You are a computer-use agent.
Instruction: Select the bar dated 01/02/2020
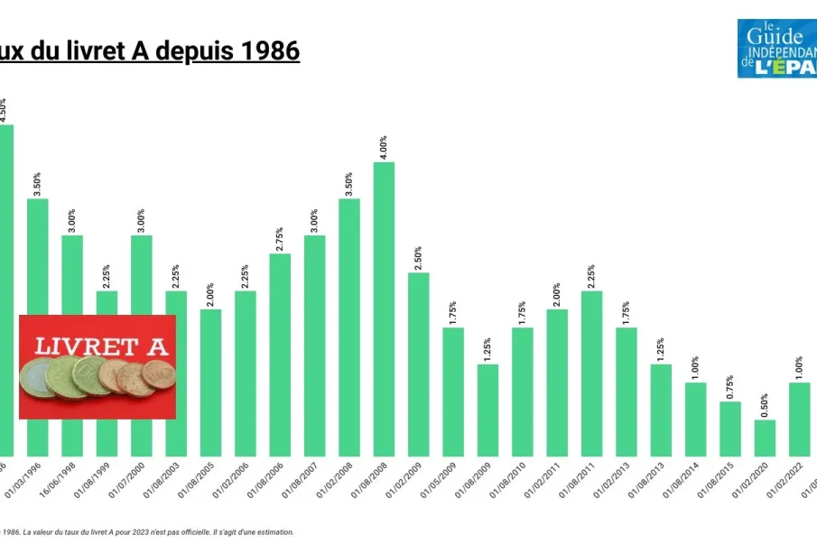coord(765,438)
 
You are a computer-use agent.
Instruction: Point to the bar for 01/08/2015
coord(730,429)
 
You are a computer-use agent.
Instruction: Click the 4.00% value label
coord(384,145)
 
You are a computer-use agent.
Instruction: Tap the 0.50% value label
coord(765,403)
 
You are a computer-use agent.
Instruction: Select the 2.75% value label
coord(280,237)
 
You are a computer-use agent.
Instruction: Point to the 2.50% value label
coord(419,256)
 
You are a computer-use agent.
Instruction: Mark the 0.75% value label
coord(730,385)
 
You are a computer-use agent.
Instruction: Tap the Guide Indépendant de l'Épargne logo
coord(777,49)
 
